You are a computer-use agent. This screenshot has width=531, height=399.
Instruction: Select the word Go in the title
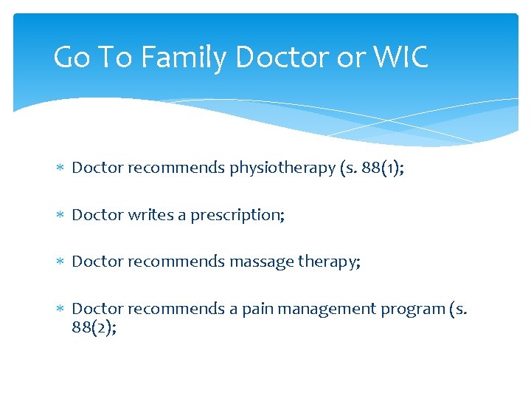tap(72, 57)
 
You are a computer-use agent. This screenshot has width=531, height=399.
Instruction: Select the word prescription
tap(237, 215)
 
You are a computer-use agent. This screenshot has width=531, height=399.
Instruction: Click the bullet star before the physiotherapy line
tap(60, 168)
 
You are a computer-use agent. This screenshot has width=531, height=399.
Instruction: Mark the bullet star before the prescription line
tap(60, 215)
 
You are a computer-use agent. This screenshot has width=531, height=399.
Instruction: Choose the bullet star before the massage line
tap(60, 262)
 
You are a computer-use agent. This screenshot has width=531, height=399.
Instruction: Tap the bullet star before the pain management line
tap(60, 309)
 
